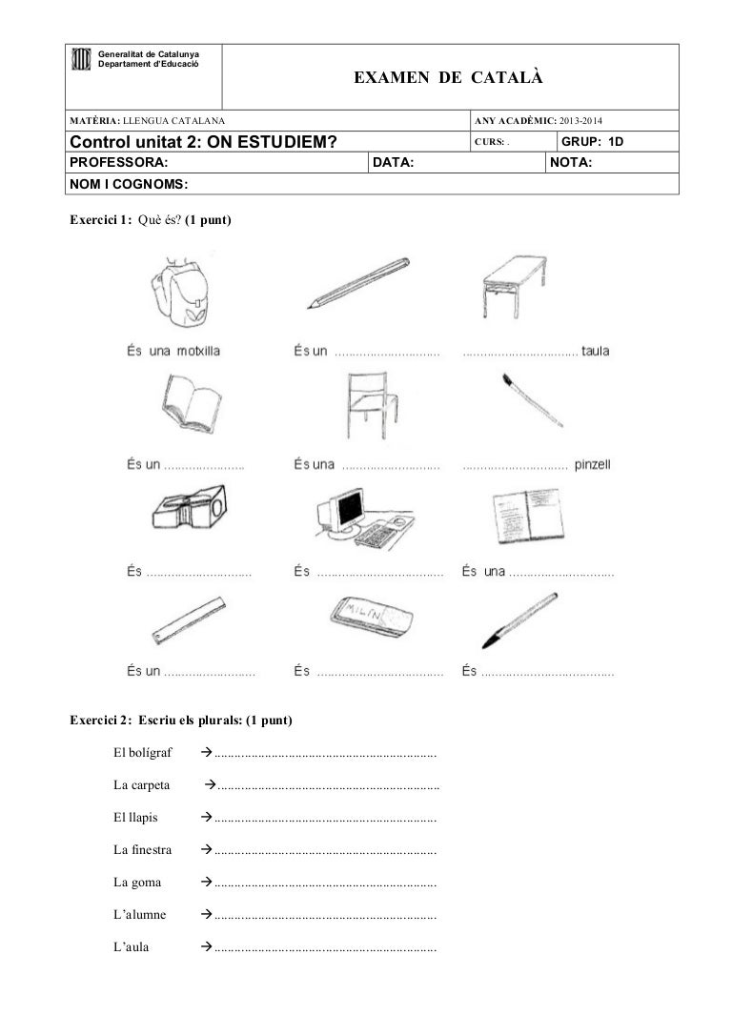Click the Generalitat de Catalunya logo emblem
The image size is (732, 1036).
click(x=82, y=60)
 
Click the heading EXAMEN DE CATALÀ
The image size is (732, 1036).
click(x=449, y=76)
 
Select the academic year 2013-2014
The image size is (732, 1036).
click(x=586, y=121)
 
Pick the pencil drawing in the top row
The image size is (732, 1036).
click(x=357, y=283)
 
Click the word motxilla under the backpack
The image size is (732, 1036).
click(x=198, y=352)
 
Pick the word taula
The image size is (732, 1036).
click(x=595, y=352)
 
